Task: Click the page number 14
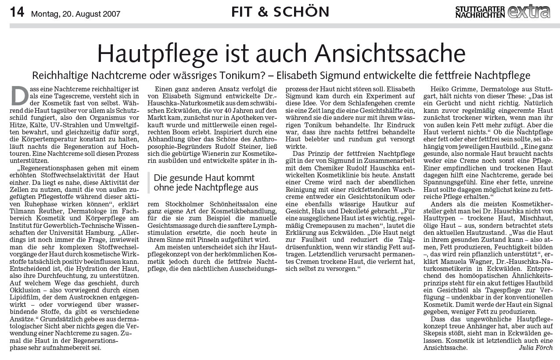pyautogui.click(x=17, y=12)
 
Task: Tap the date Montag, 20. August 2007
pyautogui.click(x=75, y=14)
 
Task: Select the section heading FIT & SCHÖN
pyautogui.click(x=280, y=12)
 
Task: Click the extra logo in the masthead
pyautogui.click(x=529, y=11)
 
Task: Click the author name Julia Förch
pyautogui.click(x=535, y=348)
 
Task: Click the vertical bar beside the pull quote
pyautogui.click(x=149, y=183)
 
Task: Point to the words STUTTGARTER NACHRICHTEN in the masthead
pyautogui.click(x=480, y=12)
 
